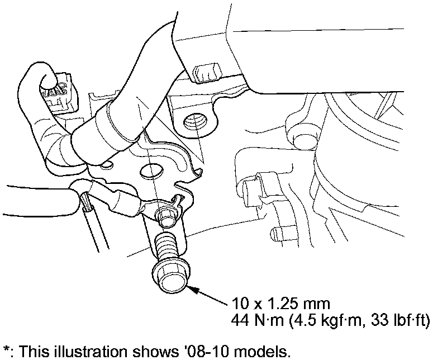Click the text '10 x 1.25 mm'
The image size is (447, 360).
tap(281, 304)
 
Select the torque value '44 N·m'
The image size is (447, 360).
tap(258, 321)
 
